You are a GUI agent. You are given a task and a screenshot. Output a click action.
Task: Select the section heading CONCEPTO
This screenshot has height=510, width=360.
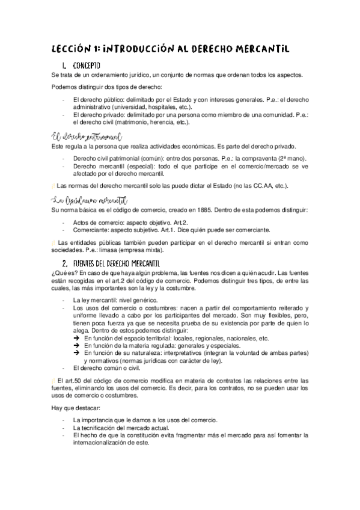click(x=87, y=65)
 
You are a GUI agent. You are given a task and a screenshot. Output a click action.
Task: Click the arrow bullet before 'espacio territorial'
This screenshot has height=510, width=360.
click(x=76, y=339)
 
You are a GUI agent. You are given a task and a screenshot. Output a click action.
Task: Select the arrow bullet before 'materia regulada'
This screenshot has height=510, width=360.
click(x=76, y=346)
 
